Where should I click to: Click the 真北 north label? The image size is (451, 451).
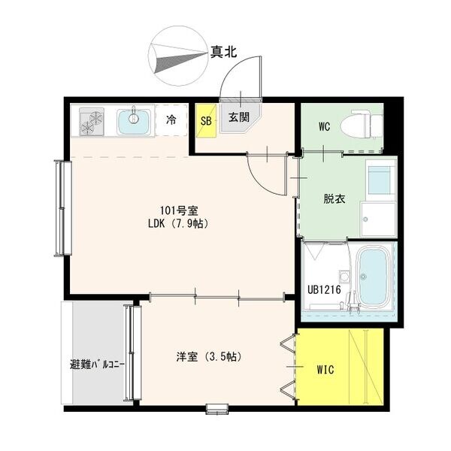[x=223, y=52]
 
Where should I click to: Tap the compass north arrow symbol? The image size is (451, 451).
[x=178, y=56]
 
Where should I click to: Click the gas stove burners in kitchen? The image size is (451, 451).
[x=92, y=121]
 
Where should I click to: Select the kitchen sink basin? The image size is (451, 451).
[x=134, y=122]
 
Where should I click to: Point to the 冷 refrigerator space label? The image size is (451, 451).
[x=171, y=120]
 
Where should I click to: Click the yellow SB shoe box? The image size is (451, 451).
[x=206, y=120]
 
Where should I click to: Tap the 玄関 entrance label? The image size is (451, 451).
[x=239, y=117]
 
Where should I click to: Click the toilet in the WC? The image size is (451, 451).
[x=362, y=125]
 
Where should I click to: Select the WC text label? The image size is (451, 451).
[x=324, y=126]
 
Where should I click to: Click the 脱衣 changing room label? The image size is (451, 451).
[x=334, y=198]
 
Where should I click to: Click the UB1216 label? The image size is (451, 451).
[x=324, y=289]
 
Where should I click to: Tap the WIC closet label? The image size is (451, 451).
[x=325, y=370]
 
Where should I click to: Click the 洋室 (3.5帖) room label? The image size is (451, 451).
[x=208, y=356]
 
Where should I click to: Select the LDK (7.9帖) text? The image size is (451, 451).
[x=178, y=223]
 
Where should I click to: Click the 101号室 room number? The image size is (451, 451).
[x=179, y=210]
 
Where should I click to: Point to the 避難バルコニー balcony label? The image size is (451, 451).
[x=98, y=365]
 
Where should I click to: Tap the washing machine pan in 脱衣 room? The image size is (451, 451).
[x=379, y=219]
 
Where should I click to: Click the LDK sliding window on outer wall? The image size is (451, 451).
[x=63, y=208]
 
